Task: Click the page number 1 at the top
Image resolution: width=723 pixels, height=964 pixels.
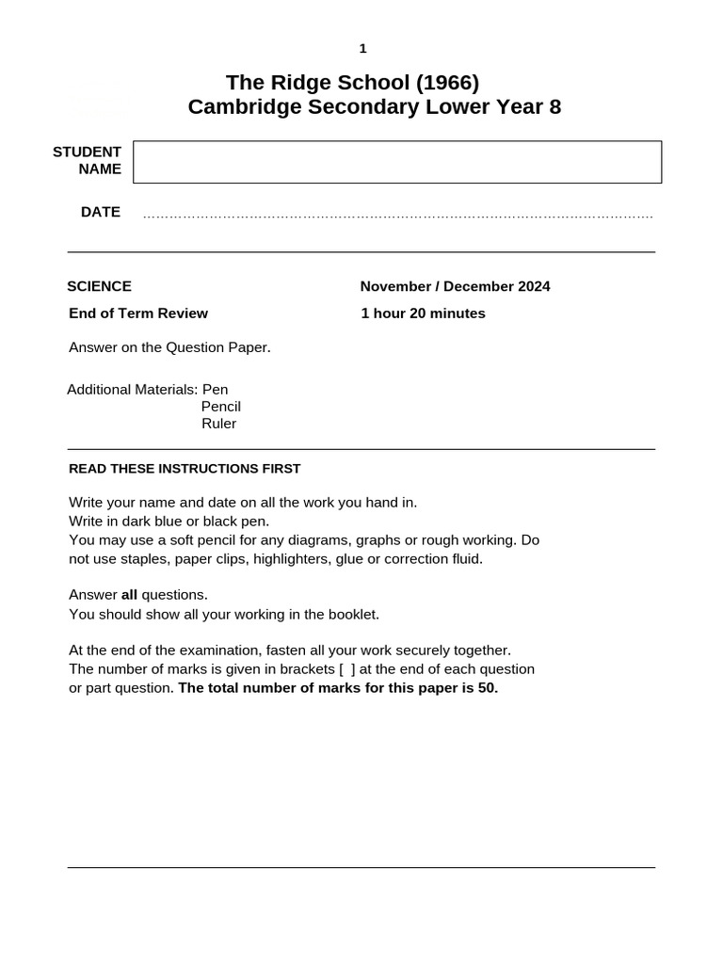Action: coord(362,49)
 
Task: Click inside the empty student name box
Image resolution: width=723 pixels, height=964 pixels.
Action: coord(396,162)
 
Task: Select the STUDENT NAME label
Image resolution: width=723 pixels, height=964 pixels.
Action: coord(88,160)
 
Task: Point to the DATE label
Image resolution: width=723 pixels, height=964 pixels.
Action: coord(101,212)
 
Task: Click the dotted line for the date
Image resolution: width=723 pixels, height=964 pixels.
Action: coord(397,217)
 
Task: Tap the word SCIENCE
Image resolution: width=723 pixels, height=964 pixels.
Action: coord(99,286)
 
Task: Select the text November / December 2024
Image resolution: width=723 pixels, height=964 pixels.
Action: coord(455,286)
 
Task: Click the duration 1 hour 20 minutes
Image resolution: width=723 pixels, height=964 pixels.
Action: coord(423,313)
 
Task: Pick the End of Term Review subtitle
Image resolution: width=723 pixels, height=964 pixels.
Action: coord(138,313)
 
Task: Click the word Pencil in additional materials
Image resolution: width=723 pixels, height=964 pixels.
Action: coord(221,407)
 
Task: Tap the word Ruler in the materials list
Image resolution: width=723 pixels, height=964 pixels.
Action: coord(218,424)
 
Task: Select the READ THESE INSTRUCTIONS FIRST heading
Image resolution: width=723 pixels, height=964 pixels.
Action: coord(185,469)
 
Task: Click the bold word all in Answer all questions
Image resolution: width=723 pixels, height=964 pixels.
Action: coord(129,595)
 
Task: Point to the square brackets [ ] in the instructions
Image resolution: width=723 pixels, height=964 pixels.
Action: coord(347,669)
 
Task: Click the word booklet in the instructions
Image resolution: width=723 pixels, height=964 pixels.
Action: coord(348,615)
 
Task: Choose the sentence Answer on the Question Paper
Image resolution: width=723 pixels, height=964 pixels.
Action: coord(169,347)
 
